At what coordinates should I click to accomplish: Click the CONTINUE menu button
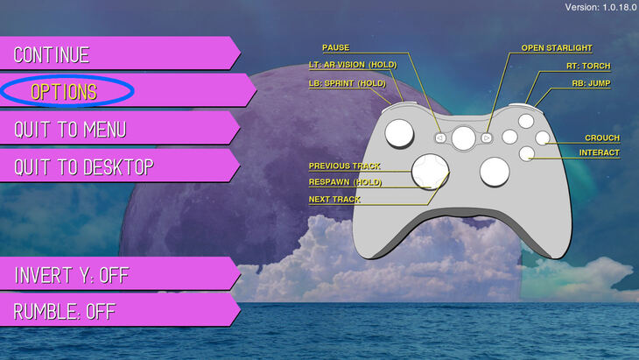[x=118, y=53]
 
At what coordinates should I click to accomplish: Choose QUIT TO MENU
[x=118, y=129]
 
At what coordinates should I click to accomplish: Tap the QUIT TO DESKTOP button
[x=118, y=166]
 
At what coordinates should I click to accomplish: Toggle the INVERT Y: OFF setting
[x=118, y=274]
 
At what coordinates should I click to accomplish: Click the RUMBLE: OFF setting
[x=118, y=310]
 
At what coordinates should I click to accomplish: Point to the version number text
[x=600, y=7]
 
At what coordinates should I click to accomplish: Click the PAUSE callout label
[x=336, y=47]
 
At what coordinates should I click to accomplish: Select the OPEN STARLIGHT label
[x=557, y=48]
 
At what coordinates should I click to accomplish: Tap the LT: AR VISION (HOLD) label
[x=353, y=65]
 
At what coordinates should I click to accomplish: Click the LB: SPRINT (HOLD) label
[x=348, y=83]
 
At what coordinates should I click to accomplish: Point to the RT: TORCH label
[x=588, y=66]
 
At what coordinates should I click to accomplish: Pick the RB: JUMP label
[x=592, y=83]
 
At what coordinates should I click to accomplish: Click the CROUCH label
[x=602, y=138]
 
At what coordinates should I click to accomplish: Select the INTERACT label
[x=600, y=153]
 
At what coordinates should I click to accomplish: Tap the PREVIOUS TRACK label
[x=344, y=166]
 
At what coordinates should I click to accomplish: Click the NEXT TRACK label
[x=334, y=200]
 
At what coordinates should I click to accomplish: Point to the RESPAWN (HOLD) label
[x=345, y=182]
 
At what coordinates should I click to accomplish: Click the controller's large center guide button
[x=463, y=138]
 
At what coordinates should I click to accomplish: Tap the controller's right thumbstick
[x=495, y=172]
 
